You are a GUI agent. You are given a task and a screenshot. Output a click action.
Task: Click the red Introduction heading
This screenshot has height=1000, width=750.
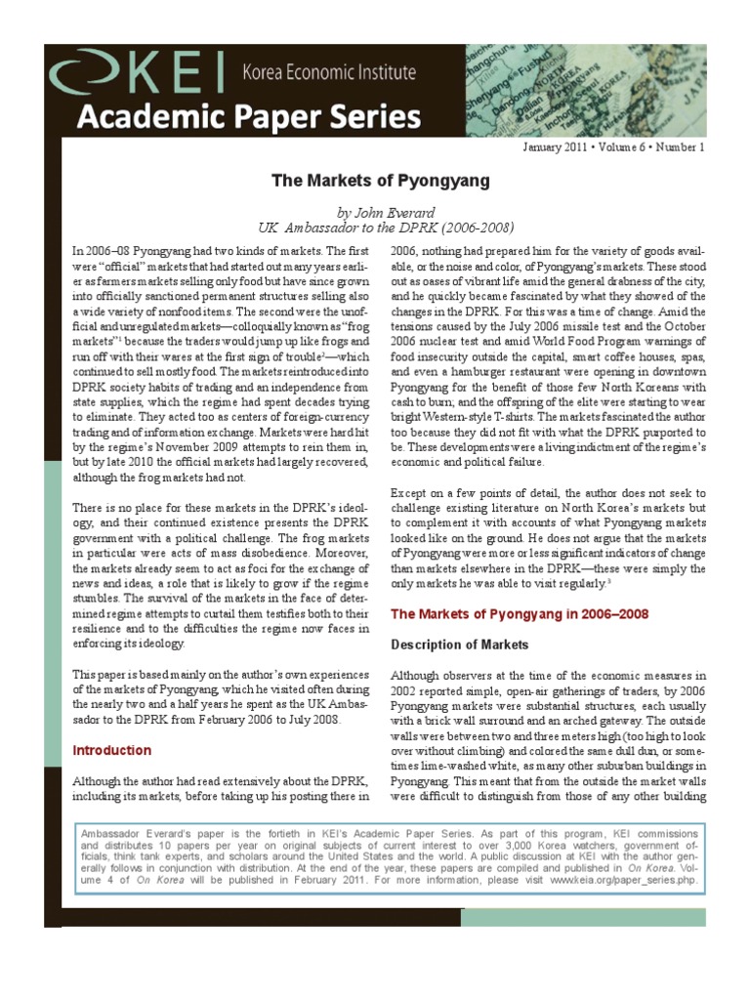click(113, 750)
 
